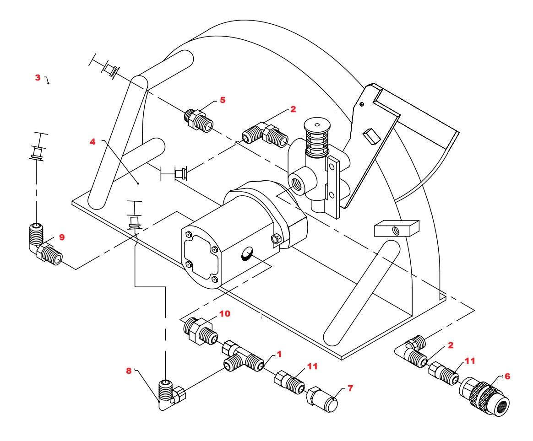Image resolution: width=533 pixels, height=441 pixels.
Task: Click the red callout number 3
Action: pyautogui.click(x=38, y=78)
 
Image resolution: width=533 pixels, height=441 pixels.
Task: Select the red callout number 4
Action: pyautogui.click(x=92, y=142)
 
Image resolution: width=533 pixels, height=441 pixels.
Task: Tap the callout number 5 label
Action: pyautogui.click(x=223, y=100)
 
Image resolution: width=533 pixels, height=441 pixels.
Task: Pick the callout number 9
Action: pyautogui.click(x=62, y=237)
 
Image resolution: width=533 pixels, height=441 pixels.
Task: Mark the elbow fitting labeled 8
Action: pyautogui.click(x=170, y=393)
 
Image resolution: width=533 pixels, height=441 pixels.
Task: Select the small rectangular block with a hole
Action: pyautogui.click(x=397, y=227)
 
